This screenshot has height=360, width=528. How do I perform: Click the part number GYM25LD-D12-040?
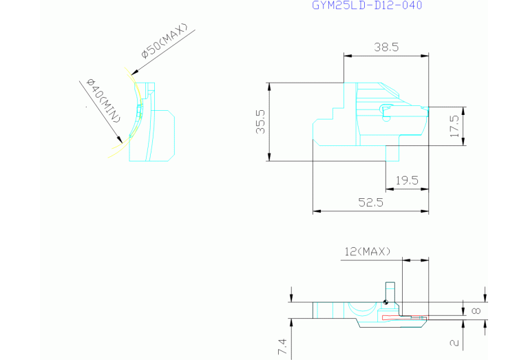367,5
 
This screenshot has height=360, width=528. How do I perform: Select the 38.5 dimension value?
386,47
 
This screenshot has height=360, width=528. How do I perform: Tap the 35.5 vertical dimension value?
261,122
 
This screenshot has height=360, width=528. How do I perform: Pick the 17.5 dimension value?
454,126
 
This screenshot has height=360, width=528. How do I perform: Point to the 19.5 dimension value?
407,180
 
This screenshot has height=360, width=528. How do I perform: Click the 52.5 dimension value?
371,202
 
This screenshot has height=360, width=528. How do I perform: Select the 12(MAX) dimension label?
368,251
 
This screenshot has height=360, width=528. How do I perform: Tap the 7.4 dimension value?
282,346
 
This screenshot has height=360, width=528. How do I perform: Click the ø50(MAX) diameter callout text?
165,41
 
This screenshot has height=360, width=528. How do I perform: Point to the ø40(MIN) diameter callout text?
103,100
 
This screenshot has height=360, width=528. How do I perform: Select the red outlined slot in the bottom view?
405,317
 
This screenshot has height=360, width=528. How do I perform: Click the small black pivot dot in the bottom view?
386,302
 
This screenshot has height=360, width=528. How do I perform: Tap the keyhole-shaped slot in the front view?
387,112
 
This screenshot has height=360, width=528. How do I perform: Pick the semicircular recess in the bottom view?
362,310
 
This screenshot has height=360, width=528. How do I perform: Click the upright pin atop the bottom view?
390,292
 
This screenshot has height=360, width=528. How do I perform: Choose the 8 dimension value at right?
476,310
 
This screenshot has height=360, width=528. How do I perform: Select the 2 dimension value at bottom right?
454,343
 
